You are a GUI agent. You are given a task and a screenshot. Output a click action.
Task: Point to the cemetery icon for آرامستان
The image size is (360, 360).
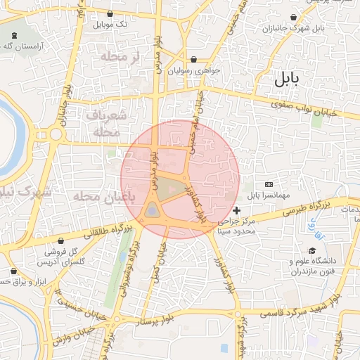point(15,36)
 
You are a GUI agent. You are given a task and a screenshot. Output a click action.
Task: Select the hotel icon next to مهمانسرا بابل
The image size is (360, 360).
point(269,184)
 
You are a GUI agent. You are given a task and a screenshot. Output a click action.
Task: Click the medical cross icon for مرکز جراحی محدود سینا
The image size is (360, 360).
point(236,210)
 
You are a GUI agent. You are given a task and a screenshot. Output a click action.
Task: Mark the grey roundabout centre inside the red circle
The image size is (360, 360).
point(153,210)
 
